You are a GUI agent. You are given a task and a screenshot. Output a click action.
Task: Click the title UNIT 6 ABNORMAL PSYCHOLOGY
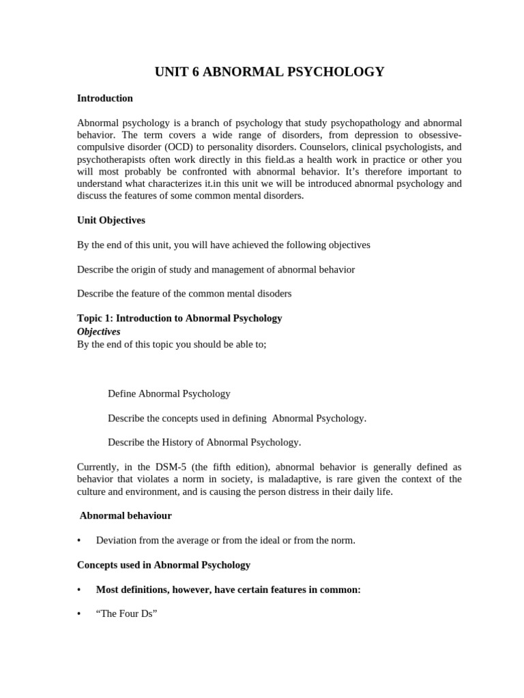[x=270, y=72]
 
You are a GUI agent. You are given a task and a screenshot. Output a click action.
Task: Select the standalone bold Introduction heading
[x=104, y=98]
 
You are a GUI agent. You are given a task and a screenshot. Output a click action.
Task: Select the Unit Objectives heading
[x=111, y=220]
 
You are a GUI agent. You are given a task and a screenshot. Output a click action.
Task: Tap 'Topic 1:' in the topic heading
[x=95, y=318]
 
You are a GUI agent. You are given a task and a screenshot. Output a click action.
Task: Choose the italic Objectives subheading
[x=98, y=331]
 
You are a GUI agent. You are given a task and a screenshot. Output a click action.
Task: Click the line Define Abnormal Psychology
[x=169, y=394]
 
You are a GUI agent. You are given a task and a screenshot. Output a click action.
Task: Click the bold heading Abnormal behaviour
[x=126, y=516]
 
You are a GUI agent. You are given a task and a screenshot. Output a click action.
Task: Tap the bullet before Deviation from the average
[x=79, y=541]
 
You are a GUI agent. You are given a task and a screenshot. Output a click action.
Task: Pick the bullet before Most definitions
[x=79, y=590]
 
